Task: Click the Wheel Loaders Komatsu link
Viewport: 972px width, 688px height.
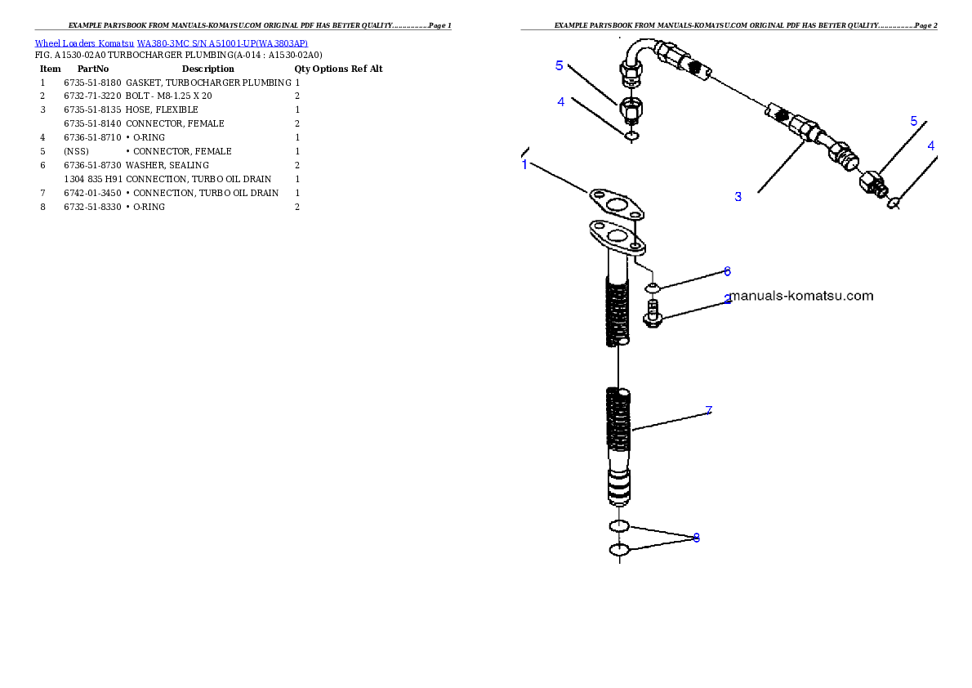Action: click(84, 43)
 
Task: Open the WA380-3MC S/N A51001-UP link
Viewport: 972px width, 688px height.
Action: click(222, 43)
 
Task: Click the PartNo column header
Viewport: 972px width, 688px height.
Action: click(93, 69)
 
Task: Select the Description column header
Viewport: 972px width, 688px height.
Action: click(207, 69)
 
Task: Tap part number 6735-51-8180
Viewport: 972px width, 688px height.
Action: click(92, 83)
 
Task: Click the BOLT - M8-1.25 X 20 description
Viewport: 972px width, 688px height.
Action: click(168, 96)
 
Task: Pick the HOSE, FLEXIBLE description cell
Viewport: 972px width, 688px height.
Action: click(162, 109)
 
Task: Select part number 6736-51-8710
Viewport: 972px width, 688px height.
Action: click(92, 138)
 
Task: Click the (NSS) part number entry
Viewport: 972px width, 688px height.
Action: click(76, 151)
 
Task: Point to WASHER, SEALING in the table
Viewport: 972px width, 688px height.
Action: click(167, 165)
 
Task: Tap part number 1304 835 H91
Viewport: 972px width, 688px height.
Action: click(93, 179)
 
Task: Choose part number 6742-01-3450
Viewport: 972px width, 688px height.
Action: click(92, 193)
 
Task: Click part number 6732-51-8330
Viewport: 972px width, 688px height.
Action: click(92, 208)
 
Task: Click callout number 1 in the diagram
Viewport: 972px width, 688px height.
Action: click(525, 165)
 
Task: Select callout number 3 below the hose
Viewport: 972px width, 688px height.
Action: click(738, 197)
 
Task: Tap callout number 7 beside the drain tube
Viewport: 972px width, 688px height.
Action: click(708, 411)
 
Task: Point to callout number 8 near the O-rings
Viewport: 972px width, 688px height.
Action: click(696, 538)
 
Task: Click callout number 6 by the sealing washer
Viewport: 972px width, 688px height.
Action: click(727, 271)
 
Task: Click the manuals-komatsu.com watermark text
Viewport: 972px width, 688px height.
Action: click(801, 296)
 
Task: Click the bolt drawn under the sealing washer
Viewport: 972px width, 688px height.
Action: click(652, 313)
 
